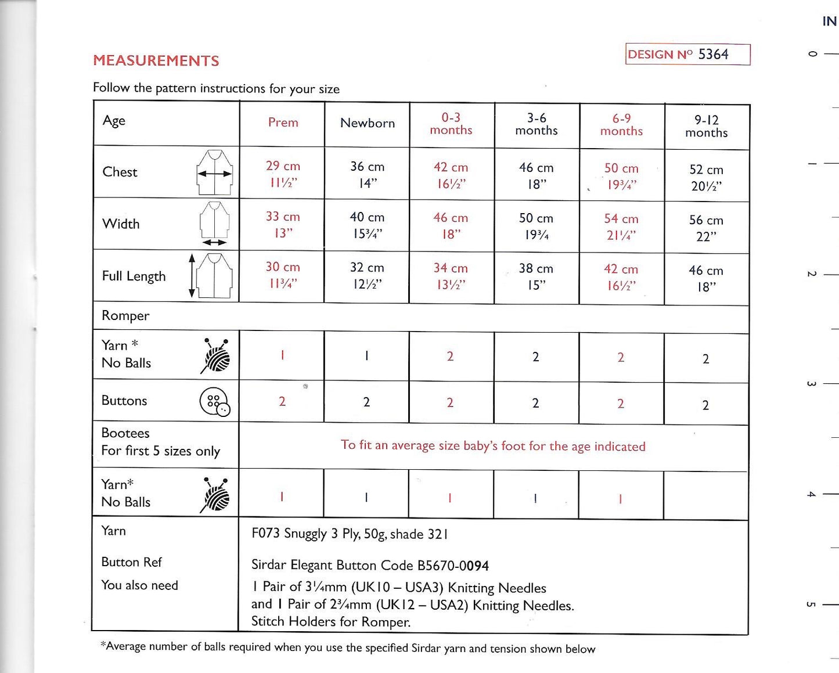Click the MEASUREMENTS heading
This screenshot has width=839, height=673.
[156, 60]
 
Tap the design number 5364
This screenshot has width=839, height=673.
[713, 54]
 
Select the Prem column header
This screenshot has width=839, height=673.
[283, 123]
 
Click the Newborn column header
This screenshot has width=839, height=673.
[367, 123]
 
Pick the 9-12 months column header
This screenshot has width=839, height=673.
[706, 127]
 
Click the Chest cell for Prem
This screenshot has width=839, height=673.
[283, 174]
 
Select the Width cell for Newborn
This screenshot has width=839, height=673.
[367, 225]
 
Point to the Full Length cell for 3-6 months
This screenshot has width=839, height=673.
[536, 276]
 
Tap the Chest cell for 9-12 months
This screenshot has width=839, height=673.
[706, 177]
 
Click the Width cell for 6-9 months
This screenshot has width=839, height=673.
[621, 226]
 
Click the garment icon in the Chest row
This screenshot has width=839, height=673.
[215, 172]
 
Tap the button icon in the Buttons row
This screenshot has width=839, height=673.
[215, 402]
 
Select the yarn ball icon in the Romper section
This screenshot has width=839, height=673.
[216, 355]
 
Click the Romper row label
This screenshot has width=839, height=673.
[125, 316]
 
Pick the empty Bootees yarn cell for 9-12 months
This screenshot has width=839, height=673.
[705, 496]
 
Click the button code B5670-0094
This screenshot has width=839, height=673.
[453, 566]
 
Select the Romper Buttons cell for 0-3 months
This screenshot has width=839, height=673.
[450, 402]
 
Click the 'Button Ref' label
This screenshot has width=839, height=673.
[131, 562]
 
